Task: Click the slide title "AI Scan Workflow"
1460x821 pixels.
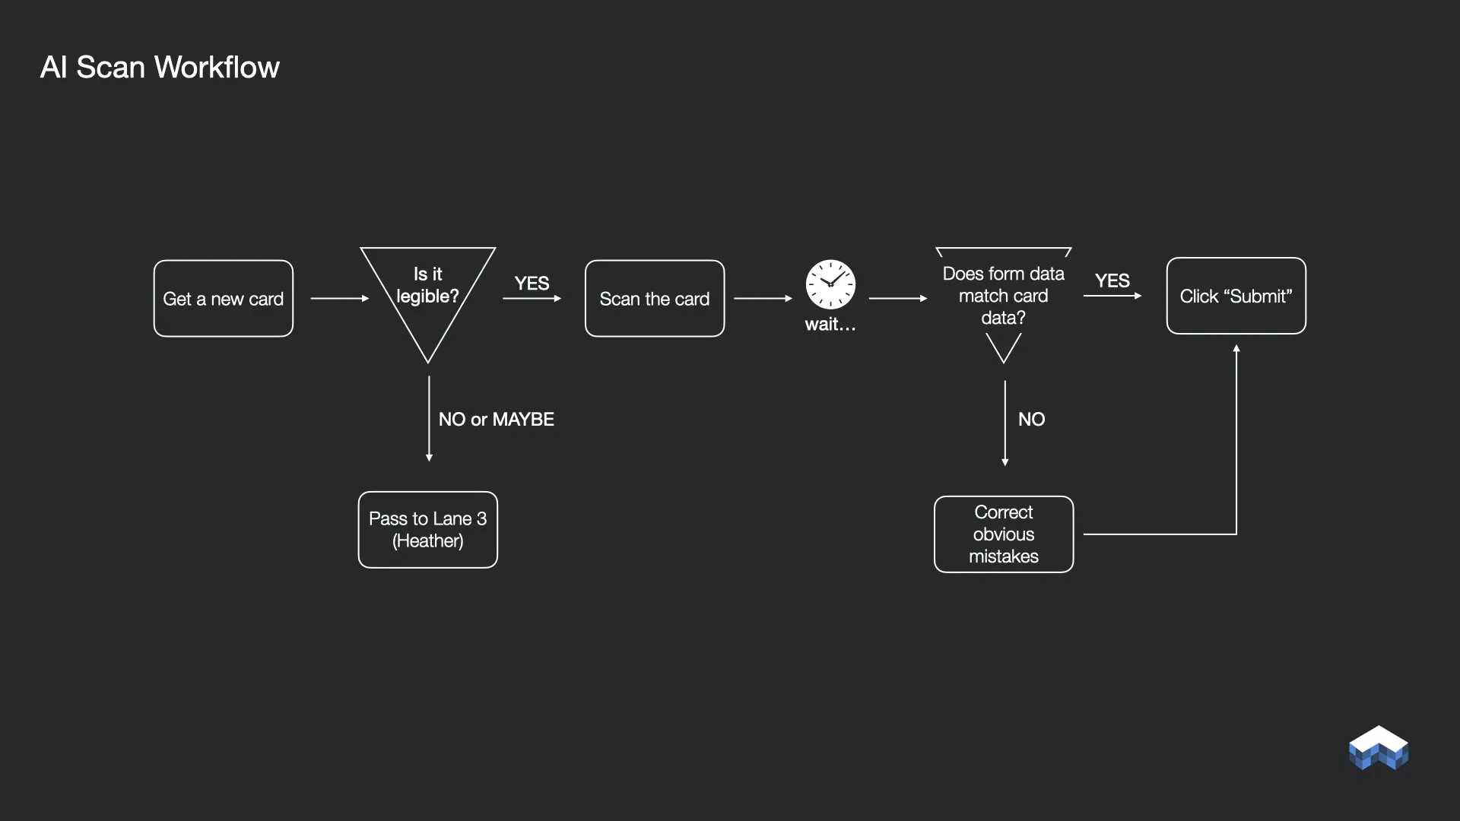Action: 160,67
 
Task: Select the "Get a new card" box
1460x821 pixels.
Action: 223,299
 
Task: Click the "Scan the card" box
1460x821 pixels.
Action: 654,299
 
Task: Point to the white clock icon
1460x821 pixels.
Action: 830,284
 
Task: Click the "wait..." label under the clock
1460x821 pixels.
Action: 830,325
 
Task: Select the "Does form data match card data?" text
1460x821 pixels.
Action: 1003,296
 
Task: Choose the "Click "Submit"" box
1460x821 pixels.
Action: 1236,296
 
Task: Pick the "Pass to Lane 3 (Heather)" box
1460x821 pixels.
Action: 427,530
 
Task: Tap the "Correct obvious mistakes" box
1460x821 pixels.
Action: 1003,534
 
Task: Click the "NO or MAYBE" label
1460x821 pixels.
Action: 496,420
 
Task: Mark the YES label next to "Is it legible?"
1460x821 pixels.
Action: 532,284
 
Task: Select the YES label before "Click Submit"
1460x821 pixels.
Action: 1112,281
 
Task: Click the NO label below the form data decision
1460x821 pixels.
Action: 1031,420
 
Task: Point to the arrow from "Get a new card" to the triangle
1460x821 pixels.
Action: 339,299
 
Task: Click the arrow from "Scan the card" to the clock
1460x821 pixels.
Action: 763,299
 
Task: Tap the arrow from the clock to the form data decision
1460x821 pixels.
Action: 897,299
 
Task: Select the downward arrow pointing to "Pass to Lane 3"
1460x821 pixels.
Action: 429,418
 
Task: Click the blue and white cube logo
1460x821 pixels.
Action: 1378,748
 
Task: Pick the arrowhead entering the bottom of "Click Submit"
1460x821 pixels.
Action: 1236,349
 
